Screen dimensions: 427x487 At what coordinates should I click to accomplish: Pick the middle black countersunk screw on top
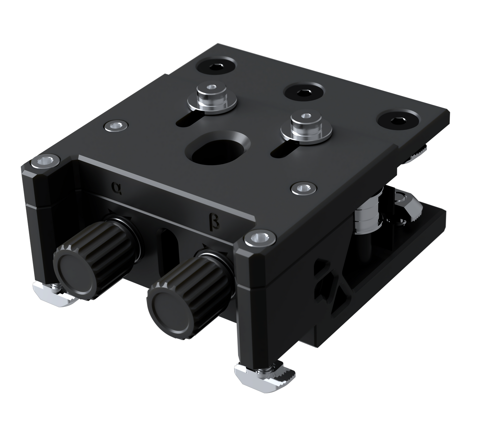(303, 92)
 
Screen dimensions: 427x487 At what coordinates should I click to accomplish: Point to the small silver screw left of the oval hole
(116, 126)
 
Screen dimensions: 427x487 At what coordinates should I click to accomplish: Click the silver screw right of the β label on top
(303, 188)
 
